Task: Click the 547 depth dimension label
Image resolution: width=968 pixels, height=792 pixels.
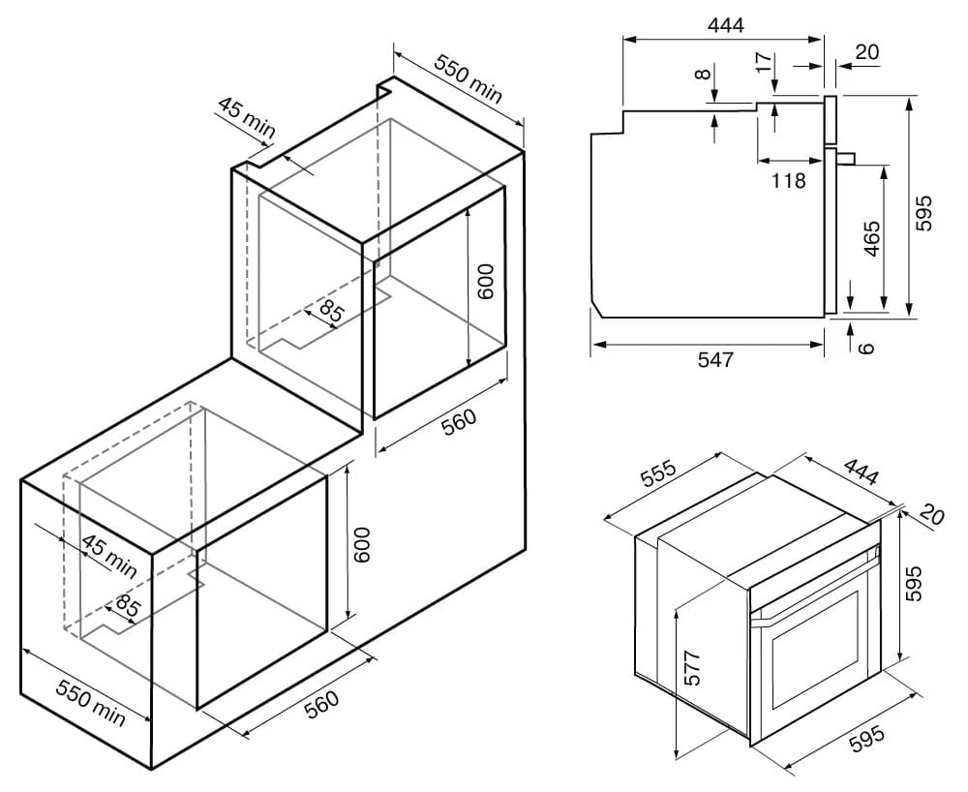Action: tap(715, 359)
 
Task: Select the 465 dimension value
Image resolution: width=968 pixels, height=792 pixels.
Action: tap(872, 238)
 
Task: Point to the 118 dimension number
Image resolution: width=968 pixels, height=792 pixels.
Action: tap(788, 180)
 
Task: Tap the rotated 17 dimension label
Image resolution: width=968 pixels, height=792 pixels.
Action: tap(764, 62)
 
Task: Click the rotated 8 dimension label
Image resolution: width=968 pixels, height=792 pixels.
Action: tap(702, 75)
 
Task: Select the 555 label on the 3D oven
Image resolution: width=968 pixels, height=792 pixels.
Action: tap(658, 473)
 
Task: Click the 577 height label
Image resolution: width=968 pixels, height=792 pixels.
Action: tap(693, 667)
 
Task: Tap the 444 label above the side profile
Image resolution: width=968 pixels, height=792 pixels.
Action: tap(725, 25)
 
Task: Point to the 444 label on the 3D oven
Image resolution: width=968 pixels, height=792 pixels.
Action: tap(861, 471)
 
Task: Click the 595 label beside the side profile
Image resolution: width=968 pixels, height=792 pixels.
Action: tap(923, 213)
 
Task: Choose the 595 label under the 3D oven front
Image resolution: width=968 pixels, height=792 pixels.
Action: tap(867, 738)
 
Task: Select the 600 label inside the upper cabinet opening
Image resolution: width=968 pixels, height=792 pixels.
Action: tap(486, 282)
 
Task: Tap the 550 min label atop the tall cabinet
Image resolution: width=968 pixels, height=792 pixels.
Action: tap(469, 78)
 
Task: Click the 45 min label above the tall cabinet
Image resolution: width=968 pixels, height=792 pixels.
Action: tap(246, 117)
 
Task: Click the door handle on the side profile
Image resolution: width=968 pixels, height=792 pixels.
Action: tap(845, 158)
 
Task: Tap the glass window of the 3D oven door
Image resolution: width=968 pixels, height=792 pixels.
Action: tap(815, 652)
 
